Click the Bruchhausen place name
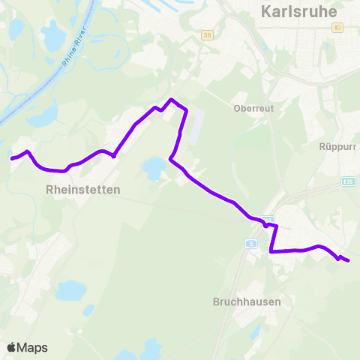[246, 302]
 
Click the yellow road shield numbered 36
[208, 35]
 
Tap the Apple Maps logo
[27, 347]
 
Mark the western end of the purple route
[11, 158]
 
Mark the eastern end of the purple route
[349, 261]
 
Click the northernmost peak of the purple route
[172, 99]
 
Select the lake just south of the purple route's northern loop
[154, 167]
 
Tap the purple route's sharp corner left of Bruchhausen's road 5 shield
[271, 252]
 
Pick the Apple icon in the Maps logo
[11, 347]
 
